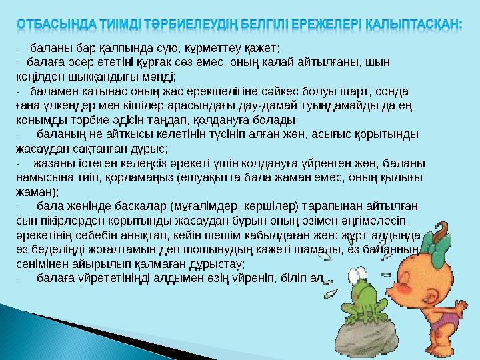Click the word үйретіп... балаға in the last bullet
pos(53,277)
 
